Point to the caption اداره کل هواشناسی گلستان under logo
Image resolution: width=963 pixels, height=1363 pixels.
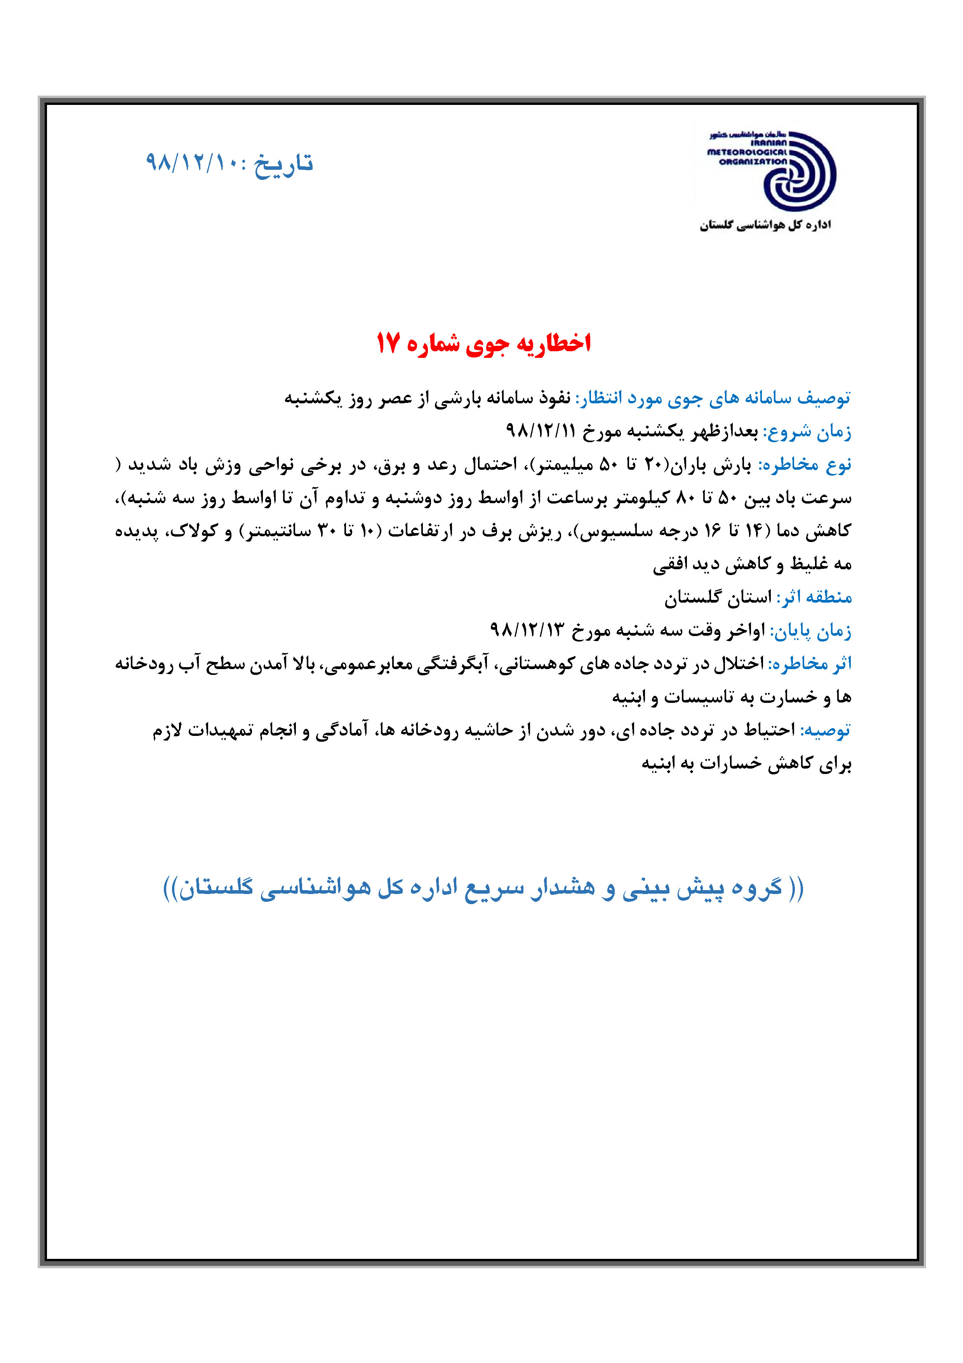tap(765, 225)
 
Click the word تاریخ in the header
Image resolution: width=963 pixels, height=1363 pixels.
tap(283, 163)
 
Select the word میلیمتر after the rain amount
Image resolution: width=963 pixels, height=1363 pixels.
tap(560, 465)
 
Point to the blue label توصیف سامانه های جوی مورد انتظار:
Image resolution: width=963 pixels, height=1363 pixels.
tap(712, 398)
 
